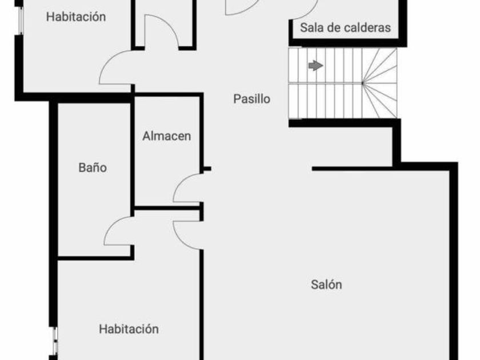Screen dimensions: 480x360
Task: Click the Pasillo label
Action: (251, 99)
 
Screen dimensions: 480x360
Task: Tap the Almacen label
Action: (166, 137)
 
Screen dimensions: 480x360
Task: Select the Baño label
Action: (93, 168)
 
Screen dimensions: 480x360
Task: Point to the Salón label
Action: (326, 284)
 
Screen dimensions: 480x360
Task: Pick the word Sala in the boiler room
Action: (312, 27)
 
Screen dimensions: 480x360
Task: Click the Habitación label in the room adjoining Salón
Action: (129, 329)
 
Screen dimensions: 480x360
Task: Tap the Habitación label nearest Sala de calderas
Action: (76, 17)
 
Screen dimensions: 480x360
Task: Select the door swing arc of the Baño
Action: (117, 231)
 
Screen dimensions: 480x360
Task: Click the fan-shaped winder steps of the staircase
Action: (380, 83)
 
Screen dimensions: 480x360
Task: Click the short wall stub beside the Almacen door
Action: (206, 169)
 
